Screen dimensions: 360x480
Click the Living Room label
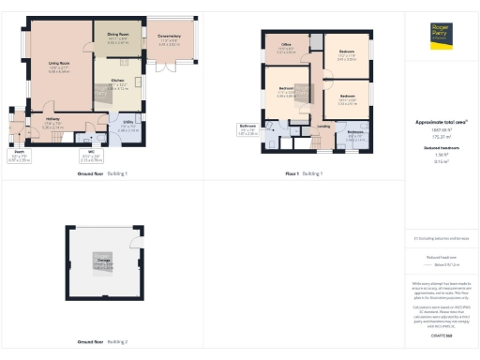coord(58,67)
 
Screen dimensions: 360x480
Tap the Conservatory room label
coord(171,38)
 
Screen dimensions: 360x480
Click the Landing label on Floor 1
coord(322,126)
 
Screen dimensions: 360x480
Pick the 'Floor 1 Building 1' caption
coord(305,173)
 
